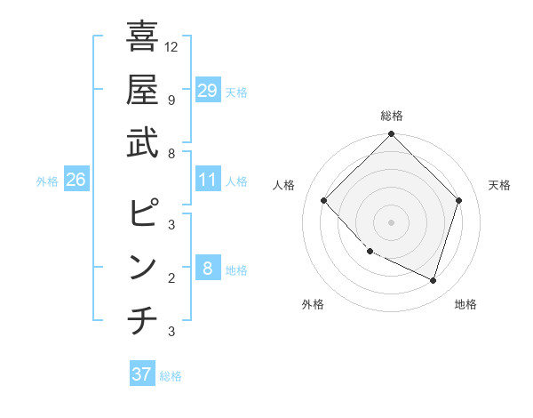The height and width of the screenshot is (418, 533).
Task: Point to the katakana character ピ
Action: [142, 213]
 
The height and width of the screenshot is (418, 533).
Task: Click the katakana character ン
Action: [142, 268]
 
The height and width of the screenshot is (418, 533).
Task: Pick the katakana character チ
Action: [142, 321]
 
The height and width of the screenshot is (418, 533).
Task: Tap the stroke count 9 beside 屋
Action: [171, 100]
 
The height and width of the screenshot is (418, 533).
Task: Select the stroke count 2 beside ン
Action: [171, 277]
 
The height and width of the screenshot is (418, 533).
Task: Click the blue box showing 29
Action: [207, 90]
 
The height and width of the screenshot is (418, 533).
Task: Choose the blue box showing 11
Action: [207, 180]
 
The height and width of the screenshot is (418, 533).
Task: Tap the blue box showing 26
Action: [76, 180]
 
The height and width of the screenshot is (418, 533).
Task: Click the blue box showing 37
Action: [142, 374]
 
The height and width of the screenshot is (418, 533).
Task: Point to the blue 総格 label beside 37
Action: [171, 376]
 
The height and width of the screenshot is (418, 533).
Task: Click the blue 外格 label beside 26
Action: [47, 181]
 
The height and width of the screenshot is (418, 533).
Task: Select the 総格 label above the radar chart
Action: [391, 116]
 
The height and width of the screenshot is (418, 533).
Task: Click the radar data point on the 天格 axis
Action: [459, 200]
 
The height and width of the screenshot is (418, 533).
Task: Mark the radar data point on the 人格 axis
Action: [324, 200]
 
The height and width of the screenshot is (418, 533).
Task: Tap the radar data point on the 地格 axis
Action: [433, 280]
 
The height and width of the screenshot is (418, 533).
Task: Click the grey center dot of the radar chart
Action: [391, 221]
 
